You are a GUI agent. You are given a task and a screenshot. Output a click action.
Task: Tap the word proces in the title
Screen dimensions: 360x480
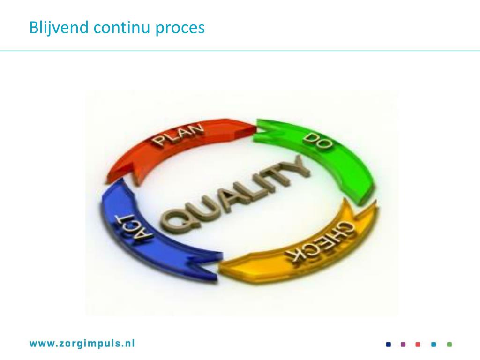point(181,28)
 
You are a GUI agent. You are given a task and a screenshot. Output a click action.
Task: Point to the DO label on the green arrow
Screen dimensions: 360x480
point(318,141)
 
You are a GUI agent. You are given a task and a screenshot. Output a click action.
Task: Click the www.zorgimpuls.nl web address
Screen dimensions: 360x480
point(82,344)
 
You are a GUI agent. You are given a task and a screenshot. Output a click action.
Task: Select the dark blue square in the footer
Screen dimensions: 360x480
point(388,345)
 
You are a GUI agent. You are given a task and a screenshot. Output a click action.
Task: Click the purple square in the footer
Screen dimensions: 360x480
point(403,345)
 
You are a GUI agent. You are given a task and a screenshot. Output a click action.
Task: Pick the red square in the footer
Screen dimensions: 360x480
point(418,345)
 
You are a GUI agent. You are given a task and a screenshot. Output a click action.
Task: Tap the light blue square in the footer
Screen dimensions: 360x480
point(434,345)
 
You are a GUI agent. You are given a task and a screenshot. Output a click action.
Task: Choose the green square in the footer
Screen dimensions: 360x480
point(450,345)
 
